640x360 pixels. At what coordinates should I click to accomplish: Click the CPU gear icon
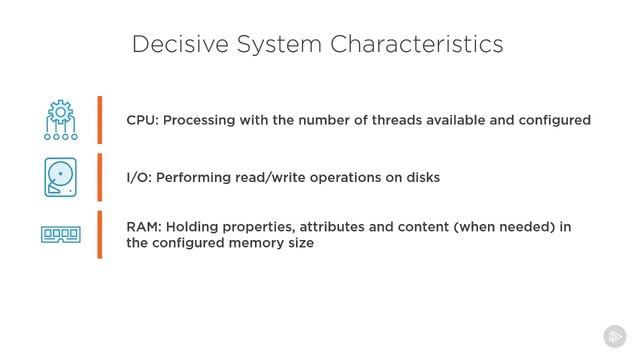tap(61, 119)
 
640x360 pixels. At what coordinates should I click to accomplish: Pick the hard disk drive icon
tap(61, 177)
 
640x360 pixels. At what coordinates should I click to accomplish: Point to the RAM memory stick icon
tap(61, 234)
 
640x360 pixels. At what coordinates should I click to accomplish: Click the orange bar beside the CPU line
tap(100, 120)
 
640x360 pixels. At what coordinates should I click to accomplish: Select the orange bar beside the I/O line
tap(100, 177)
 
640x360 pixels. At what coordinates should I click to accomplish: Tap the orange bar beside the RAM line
tap(100, 234)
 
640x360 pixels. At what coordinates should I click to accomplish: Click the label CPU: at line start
tap(142, 120)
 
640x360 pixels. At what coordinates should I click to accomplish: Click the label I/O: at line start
tap(140, 177)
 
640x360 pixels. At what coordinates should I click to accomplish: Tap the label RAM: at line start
tap(143, 227)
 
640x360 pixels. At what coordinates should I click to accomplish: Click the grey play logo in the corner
tap(614, 336)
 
